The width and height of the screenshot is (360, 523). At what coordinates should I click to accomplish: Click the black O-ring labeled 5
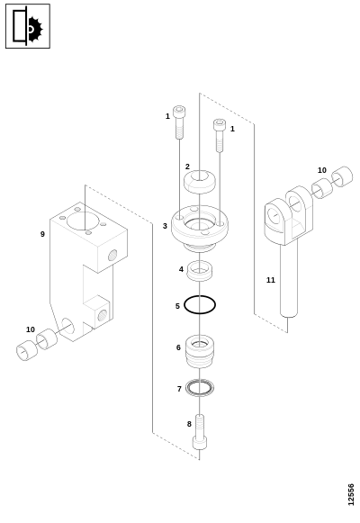tap(184, 304)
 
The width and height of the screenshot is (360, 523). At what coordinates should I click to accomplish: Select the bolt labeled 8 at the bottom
tap(199, 432)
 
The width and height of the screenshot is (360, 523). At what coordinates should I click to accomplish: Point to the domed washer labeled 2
tap(200, 182)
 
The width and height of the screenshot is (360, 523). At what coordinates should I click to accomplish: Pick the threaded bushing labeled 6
tap(199, 352)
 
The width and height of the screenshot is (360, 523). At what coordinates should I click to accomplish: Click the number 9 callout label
tap(42, 234)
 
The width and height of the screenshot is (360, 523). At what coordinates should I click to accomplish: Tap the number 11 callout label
tap(271, 280)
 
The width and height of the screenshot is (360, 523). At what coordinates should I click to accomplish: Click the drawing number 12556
tap(351, 495)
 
